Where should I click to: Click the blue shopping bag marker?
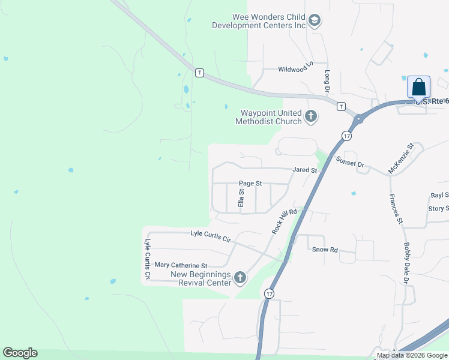[x=418, y=87]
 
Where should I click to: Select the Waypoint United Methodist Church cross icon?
[x=310, y=117]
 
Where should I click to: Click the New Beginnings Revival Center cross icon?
[x=240, y=277]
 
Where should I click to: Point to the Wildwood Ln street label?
[x=296, y=68]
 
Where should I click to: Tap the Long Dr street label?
[x=328, y=82]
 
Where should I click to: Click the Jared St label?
[x=304, y=170]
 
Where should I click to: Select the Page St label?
[x=250, y=183]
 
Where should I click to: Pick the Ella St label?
[x=241, y=198]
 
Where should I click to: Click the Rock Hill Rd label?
[x=285, y=221]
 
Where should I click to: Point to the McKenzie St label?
[x=401, y=158]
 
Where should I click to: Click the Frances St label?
[x=396, y=209]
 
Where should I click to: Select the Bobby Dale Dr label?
[x=406, y=263]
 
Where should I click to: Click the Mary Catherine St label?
[x=181, y=265]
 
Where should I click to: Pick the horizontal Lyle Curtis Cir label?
[x=211, y=235]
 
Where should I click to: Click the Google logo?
[x=20, y=353]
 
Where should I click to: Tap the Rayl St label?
[x=439, y=196]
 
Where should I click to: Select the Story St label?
[x=438, y=208]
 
